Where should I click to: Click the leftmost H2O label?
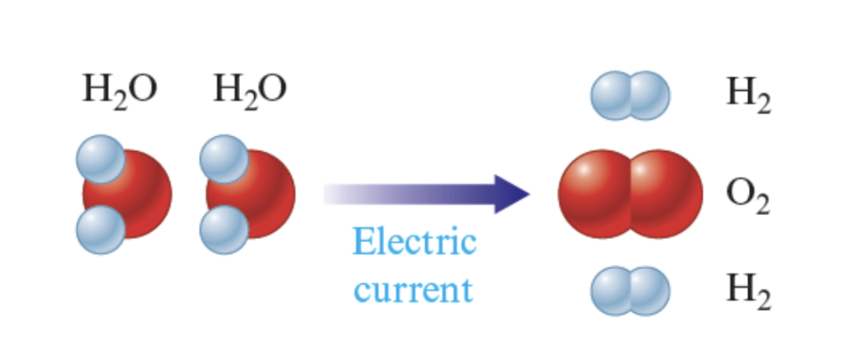119,91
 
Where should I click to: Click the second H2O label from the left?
250,91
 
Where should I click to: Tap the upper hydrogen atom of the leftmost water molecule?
100,159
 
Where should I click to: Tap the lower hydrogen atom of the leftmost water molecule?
100,229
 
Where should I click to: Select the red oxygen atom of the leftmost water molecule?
139,193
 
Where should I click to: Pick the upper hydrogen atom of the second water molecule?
224,159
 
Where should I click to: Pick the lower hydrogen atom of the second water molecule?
224,229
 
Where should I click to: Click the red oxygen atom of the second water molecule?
263,193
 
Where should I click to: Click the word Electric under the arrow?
414,243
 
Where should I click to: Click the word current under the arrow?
413,289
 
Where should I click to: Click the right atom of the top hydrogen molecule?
650,95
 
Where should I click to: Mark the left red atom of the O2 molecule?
593,194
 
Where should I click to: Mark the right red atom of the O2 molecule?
666,194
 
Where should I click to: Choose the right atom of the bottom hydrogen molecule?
650,291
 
